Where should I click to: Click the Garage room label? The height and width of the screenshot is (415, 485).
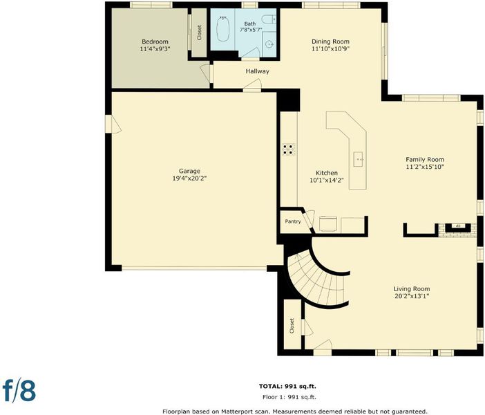click(189, 171)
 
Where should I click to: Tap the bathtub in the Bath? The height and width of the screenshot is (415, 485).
click(222, 28)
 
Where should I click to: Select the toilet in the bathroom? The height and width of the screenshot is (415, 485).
click(269, 19)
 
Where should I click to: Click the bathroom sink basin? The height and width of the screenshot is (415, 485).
click(270, 45)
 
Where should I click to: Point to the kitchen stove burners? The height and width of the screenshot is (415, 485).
click(288, 149)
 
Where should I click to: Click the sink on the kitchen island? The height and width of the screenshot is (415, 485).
click(358, 159)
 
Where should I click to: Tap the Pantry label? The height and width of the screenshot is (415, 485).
click(293, 221)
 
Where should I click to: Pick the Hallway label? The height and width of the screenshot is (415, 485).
click(257, 71)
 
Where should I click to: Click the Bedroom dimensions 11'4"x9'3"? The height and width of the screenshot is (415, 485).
click(155, 48)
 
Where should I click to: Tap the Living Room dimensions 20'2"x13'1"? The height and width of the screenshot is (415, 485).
click(412, 296)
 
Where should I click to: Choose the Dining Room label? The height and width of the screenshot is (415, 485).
click(330, 41)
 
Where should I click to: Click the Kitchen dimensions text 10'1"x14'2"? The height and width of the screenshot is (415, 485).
click(327, 180)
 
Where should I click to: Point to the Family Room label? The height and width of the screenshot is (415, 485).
click(425, 160)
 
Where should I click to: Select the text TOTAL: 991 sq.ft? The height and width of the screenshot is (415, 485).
click(287, 386)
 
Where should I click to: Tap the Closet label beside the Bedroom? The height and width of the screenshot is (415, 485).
click(199, 33)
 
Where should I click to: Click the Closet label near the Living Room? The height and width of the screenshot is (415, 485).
click(292, 326)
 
